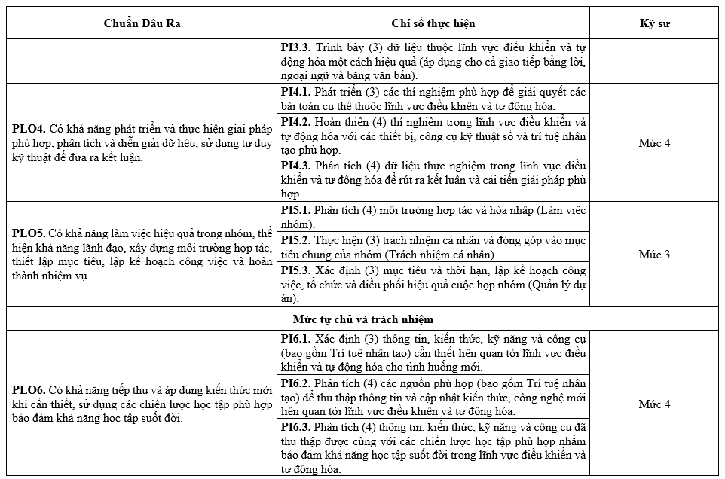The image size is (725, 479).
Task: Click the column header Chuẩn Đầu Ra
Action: click(x=142, y=23)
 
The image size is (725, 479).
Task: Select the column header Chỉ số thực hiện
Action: click(x=433, y=23)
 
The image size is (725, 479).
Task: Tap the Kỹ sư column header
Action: click(x=654, y=23)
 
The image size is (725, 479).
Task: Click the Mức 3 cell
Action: click(x=654, y=254)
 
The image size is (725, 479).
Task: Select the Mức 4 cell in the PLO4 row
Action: click(x=654, y=142)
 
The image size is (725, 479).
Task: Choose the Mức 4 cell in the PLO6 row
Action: click(x=654, y=404)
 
